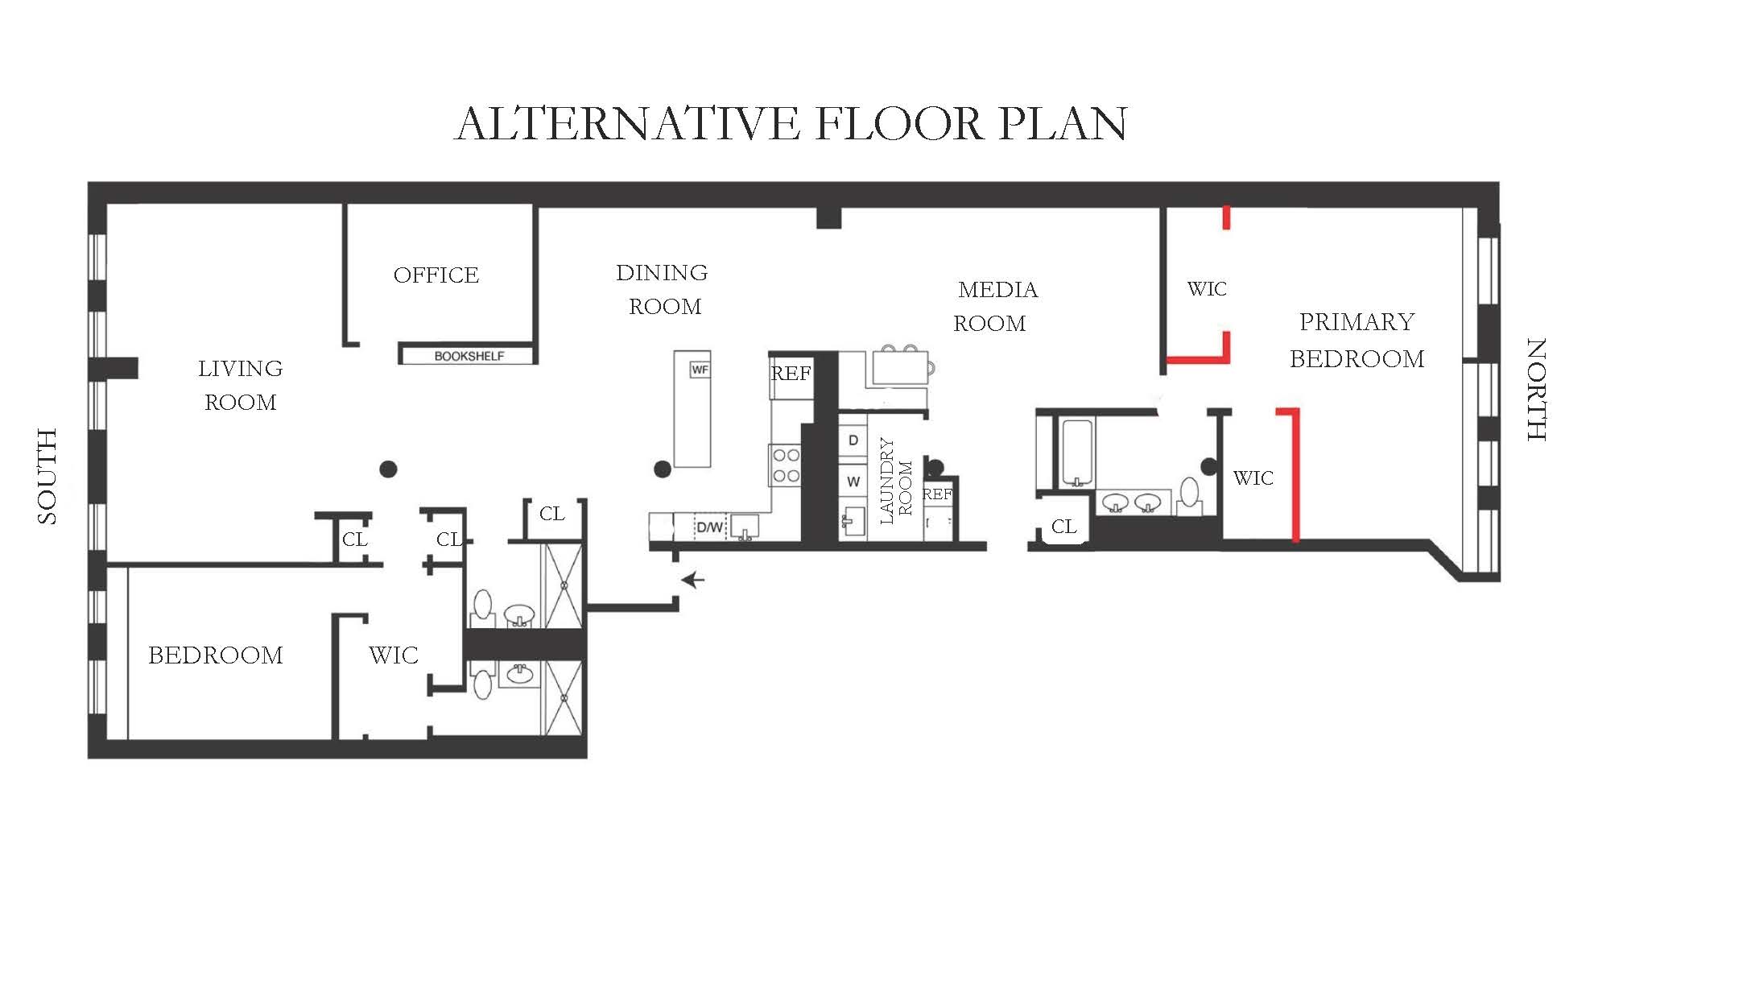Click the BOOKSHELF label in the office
tap(469, 356)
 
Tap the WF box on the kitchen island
tap(700, 370)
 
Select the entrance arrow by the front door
tap(693, 580)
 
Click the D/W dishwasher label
tap(709, 527)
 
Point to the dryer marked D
tap(853, 440)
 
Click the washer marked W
tap(853, 482)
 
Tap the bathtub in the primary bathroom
tap(1076, 452)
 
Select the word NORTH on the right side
tap(1536, 390)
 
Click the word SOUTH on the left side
tap(47, 477)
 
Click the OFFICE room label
tap(436, 275)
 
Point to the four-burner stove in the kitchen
tap(786, 465)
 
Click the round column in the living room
tap(388, 469)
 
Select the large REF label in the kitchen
tap(791, 374)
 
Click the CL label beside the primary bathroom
tap(1063, 527)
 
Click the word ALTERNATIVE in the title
tap(627, 124)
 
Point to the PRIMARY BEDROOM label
tap(1357, 340)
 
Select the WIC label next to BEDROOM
tap(394, 655)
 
